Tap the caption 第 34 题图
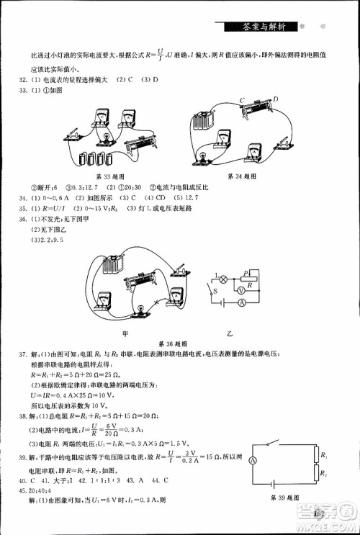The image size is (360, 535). [x=240, y=176]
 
